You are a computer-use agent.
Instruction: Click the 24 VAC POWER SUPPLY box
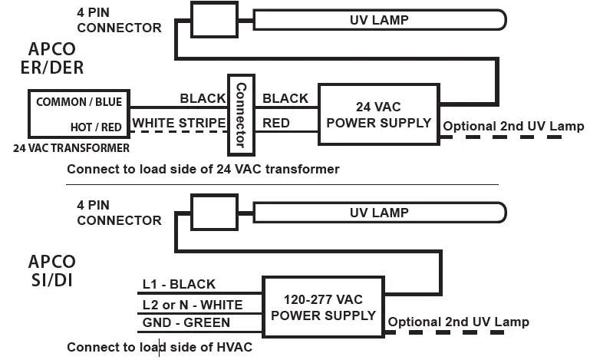pyautogui.click(x=378, y=114)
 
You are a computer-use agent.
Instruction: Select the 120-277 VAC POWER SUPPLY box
pyautogui.click(x=324, y=307)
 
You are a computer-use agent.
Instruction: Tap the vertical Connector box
pyautogui.click(x=240, y=114)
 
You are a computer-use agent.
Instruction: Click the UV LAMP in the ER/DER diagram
pyautogui.click(x=379, y=19)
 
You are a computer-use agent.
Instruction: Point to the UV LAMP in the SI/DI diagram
pyautogui.click(x=379, y=213)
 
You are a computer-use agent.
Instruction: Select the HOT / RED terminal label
pyautogui.click(x=94, y=125)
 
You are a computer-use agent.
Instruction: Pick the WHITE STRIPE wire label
pyautogui.click(x=179, y=123)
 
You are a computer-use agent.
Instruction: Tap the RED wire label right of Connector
pyautogui.click(x=276, y=122)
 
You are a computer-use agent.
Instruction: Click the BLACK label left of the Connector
pyautogui.click(x=203, y=98)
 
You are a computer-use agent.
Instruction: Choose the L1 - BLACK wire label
pyautogui.click(x=179, y=285)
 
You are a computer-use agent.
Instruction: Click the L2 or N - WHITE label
pyautogui.click(x=192, y=305)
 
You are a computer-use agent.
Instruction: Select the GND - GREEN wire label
pyautogui.click(x=186, y=323)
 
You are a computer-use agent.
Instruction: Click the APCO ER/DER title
pyautogui.click(x=51, y=58)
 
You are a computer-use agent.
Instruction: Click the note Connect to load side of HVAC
pyautogui.click(x=159, y=347)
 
